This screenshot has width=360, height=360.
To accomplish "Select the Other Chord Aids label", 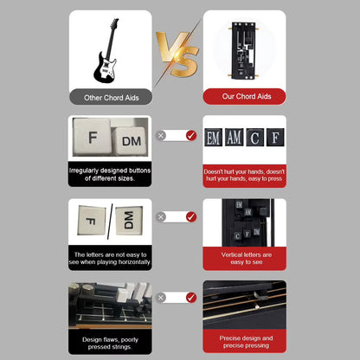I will (110, 98).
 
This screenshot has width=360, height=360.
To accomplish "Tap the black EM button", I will (214, 136).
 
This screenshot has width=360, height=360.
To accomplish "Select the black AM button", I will (235, 136).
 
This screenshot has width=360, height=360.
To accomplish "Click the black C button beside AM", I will (254, 136).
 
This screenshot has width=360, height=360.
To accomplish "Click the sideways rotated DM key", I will (126, 221).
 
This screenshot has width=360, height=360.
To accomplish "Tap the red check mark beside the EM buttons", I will (191, 136).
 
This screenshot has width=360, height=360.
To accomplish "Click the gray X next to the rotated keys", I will (161, 216).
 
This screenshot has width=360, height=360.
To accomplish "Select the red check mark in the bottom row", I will (191, 298).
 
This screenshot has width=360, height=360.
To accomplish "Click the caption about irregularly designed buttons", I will (110, 174).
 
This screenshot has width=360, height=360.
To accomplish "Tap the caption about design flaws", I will (110, 340).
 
